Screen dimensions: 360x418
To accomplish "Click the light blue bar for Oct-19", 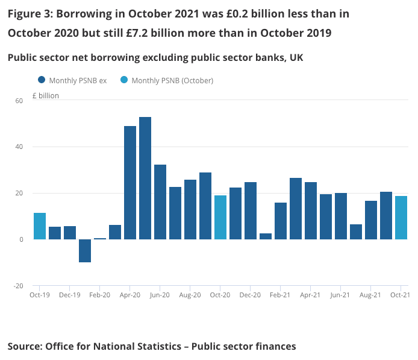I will click(x=40, y=226).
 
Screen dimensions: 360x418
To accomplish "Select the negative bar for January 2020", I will click(x=85, y=250).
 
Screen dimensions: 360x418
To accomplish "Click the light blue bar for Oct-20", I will click(x=220, y=217).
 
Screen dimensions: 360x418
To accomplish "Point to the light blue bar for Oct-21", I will click(x=401, y=218).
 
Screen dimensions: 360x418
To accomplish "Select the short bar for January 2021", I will click(x=266, y=236).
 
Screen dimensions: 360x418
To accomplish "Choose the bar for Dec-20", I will click(x=251, y=210).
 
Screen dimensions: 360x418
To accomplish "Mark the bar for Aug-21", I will click(x=371, y=220).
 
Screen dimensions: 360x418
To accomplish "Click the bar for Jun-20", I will click(x=160, y=202).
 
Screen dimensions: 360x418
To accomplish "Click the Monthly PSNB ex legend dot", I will click(x=42, y=80).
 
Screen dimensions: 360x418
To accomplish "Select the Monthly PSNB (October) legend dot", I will click(x=123, y=80).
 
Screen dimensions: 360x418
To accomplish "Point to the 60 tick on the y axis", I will click(x=19, y=100).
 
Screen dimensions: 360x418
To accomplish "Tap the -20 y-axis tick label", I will click(x=18, y=286).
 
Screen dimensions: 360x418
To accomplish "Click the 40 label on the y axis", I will click(x=19, y=147).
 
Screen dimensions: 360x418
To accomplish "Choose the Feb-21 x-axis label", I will click(x=280, y=295).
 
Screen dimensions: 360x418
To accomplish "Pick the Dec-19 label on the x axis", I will click(x=70, y=295).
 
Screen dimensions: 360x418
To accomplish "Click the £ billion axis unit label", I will click(x=46, y=95).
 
